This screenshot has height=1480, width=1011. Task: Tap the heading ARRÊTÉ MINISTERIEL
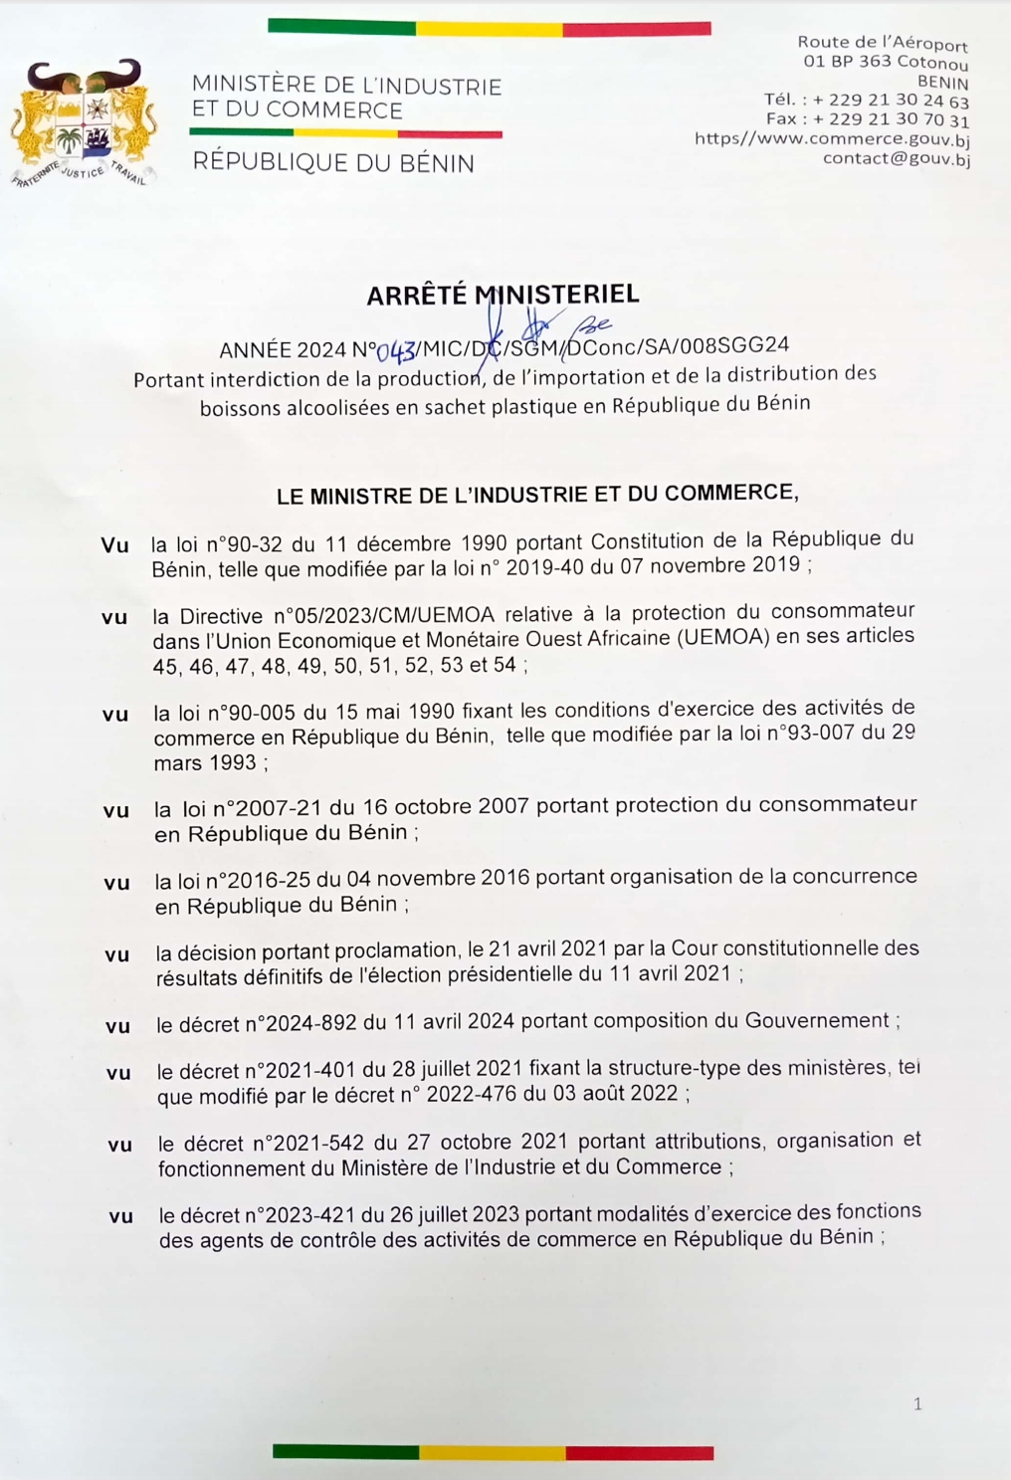click(x=503, y=295)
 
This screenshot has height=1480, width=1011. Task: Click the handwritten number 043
click(x=396, y=351)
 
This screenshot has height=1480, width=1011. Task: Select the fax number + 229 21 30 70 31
click(x=891, y=119)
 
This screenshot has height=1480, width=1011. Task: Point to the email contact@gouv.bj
click(x=896, y=158)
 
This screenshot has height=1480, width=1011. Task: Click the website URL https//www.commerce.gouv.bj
click(x=832, y=139)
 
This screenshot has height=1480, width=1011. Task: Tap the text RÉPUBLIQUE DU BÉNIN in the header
click(x=333, y=163)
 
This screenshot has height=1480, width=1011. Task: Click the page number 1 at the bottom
click(x=917, y=1404)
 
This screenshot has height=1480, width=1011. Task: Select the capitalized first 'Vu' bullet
click(x=114, y=545)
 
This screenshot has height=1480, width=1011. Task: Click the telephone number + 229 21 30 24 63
click(x=891, y=101)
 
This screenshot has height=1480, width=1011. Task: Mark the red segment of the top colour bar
click(x=637, y=29)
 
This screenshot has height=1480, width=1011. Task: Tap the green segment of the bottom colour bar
click(x=345, y=1452)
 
